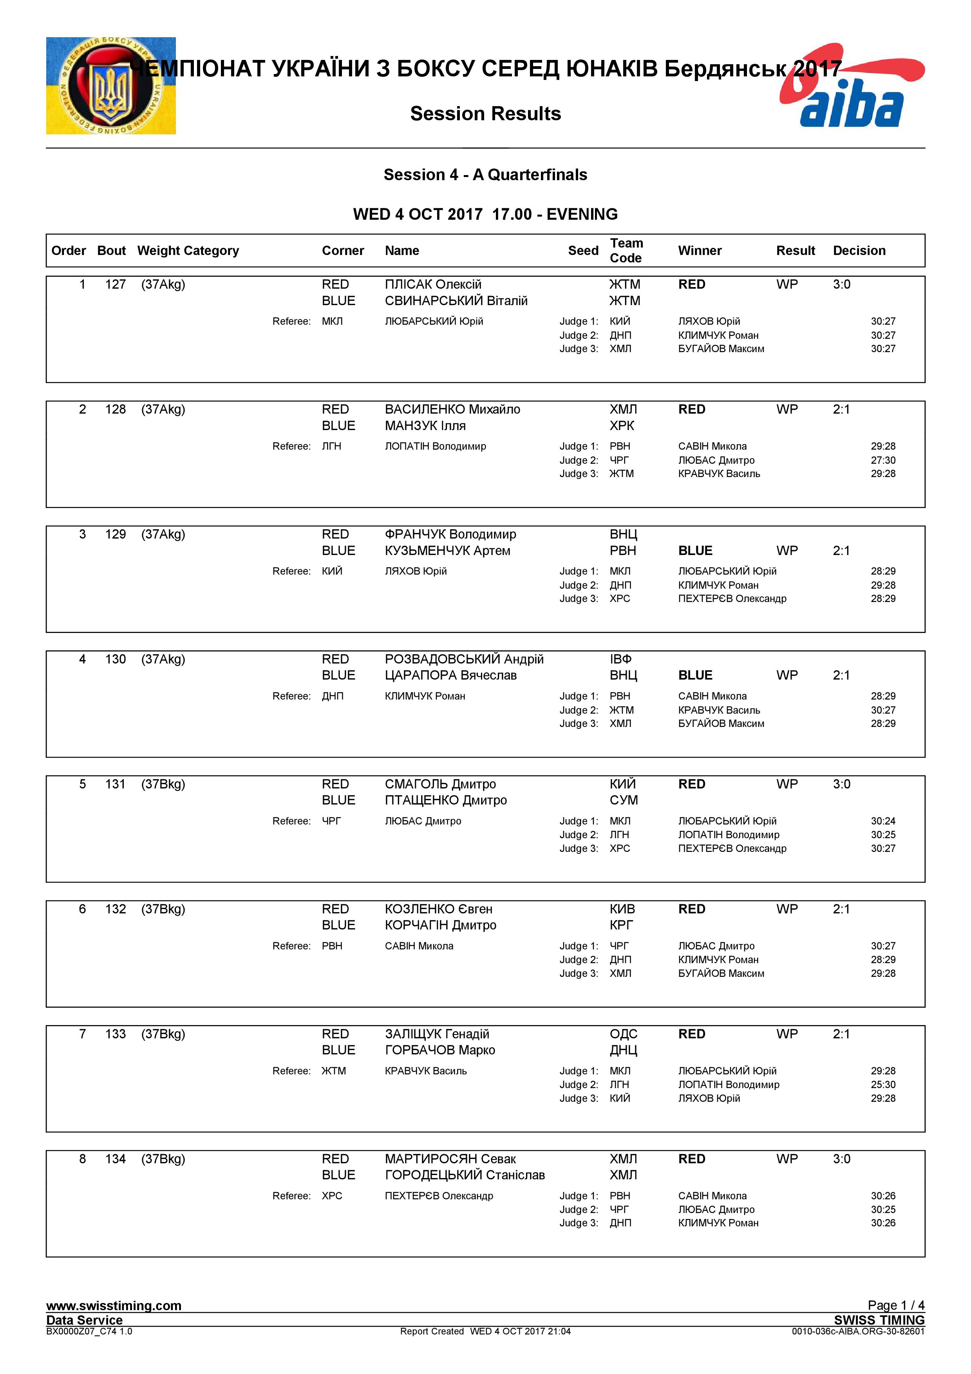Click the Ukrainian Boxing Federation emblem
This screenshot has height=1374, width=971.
111,85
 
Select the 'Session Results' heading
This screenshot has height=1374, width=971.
485,114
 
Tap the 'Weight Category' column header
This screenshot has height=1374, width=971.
188,251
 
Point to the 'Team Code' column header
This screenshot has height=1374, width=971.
626,251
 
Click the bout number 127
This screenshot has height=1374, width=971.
116,285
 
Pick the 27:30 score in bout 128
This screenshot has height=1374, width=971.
882,460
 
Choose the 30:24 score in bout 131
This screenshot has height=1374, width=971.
882,821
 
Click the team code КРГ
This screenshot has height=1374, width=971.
620,925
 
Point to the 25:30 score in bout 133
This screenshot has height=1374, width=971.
882,1085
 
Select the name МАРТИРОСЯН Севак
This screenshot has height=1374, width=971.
450,1159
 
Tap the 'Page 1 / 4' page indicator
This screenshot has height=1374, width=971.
896,1305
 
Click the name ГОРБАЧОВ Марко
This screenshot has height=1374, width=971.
440,1050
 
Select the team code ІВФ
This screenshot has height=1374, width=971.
620,660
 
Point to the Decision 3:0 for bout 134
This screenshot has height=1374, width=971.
841,1159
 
